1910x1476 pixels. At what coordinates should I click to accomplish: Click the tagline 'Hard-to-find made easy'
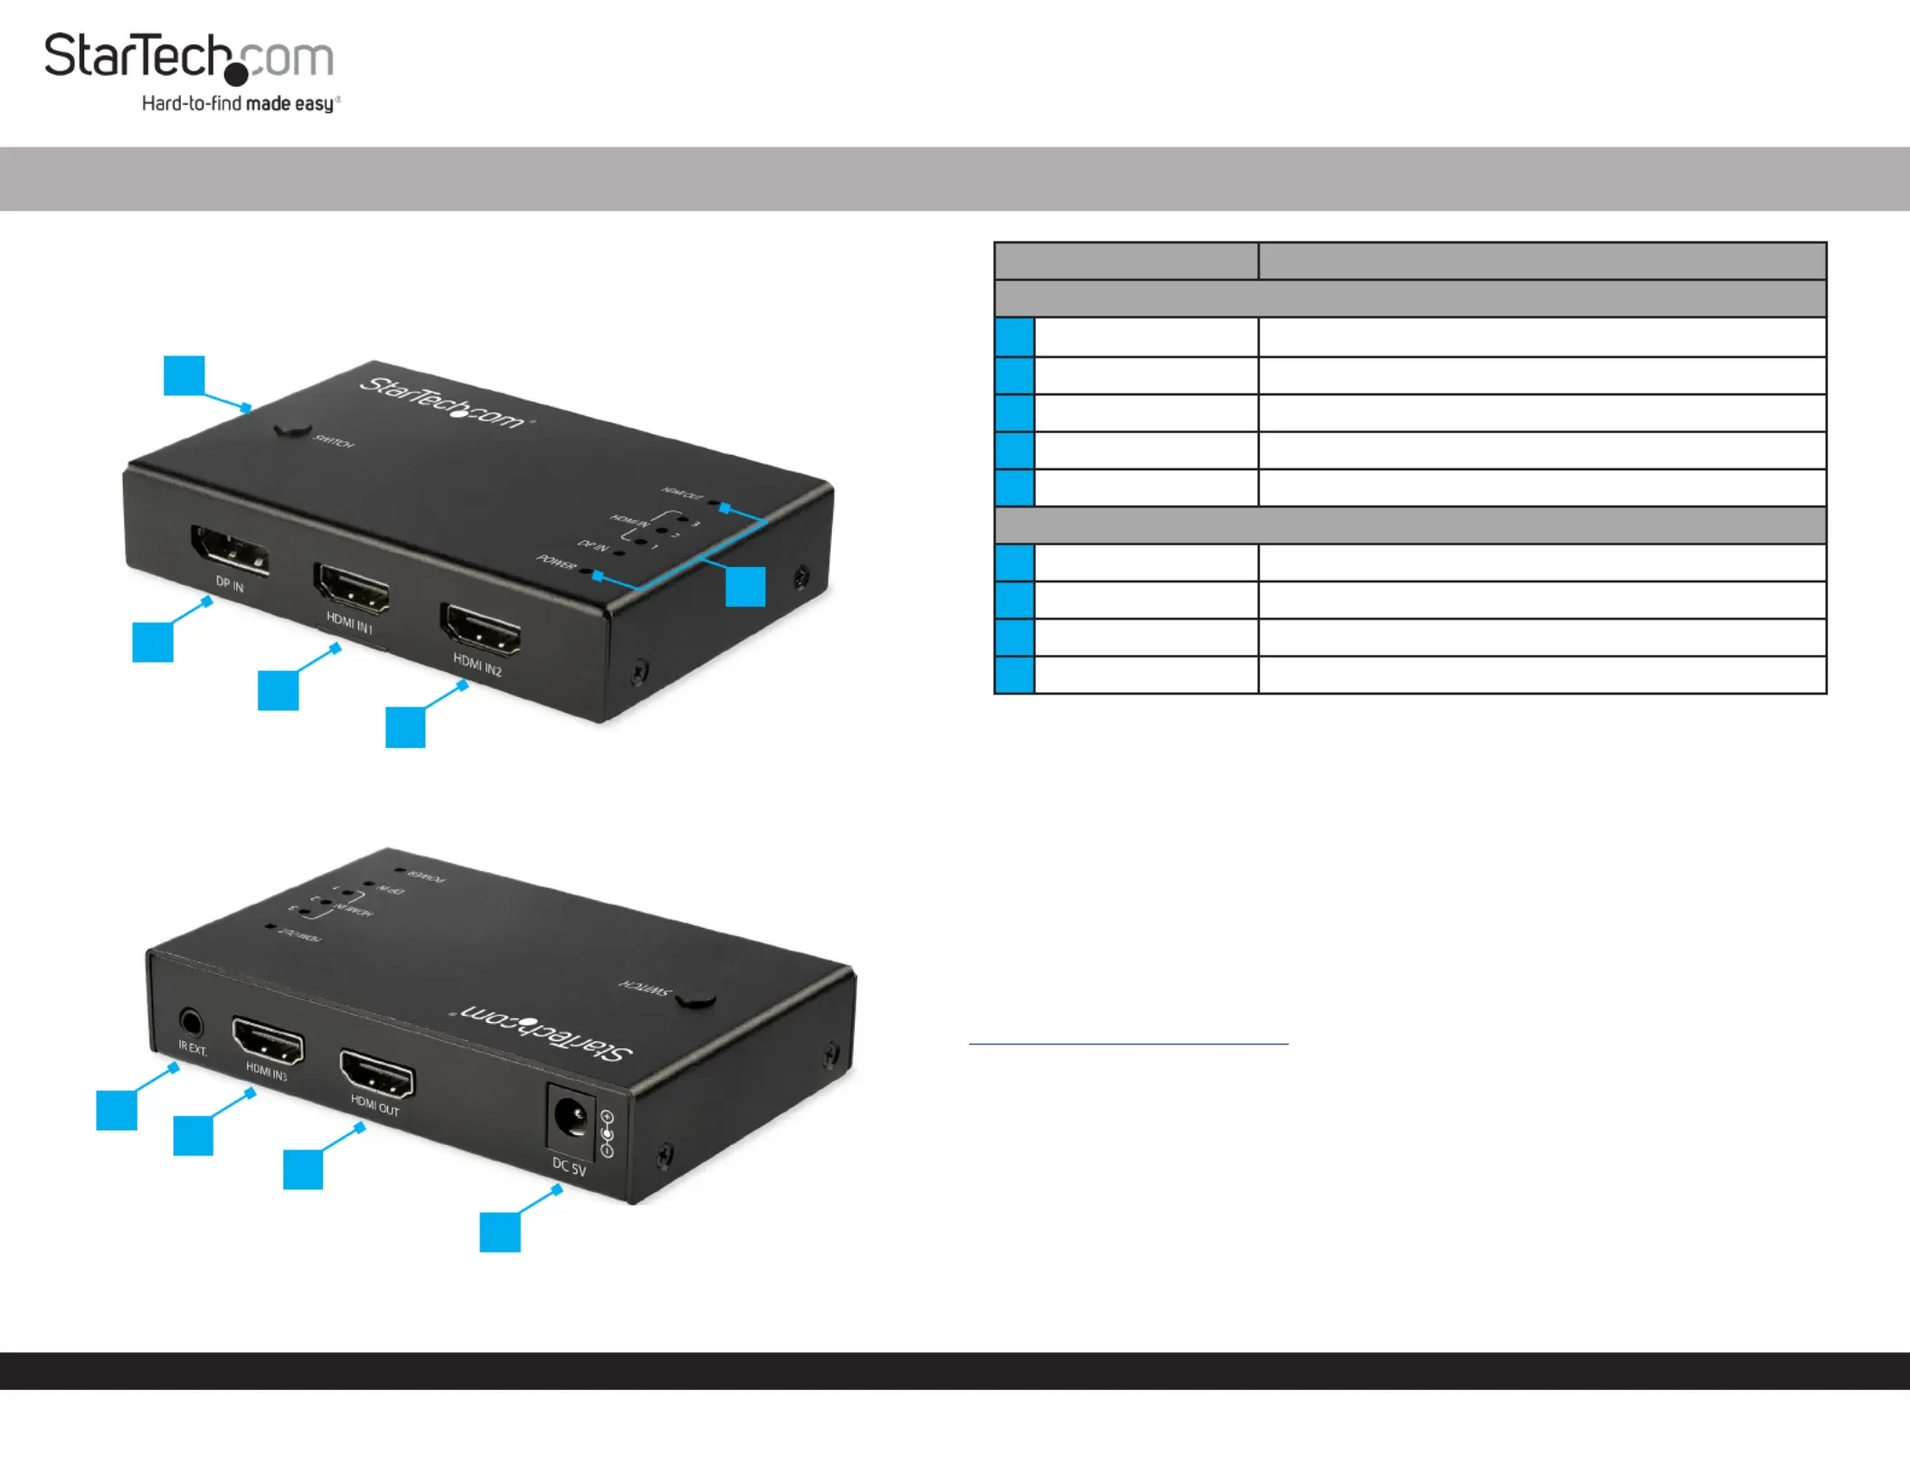pos(241,104)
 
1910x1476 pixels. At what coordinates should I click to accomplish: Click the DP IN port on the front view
pos(230,551)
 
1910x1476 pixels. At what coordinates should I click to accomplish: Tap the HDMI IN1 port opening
pos(352,587)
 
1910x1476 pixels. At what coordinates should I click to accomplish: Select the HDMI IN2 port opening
pos(480,629)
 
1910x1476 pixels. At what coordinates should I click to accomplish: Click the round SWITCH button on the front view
pos(292,429)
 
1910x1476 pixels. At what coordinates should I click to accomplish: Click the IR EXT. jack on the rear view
pos(191,1023)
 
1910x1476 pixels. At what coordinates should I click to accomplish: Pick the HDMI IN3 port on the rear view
pos(268,1042)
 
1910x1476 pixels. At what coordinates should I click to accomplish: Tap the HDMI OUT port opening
pos(377,1074)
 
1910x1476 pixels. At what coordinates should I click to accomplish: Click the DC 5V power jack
pos(570,1121)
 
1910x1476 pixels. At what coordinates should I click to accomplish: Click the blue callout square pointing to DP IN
pos(153,642)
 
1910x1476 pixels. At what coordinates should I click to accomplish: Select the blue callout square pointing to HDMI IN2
pos(405,727)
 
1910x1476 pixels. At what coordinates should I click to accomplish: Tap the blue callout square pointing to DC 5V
pos(500,1232)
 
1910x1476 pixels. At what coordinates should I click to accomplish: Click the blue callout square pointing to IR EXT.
pos(117,1111)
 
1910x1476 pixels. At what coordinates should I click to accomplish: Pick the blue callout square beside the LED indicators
pos(746,586)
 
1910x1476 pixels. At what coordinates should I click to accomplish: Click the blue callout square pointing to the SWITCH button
pos(184,375)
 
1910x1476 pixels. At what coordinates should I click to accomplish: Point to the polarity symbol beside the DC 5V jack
pos(607,1134)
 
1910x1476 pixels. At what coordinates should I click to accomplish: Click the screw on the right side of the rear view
pos(830,1055)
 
